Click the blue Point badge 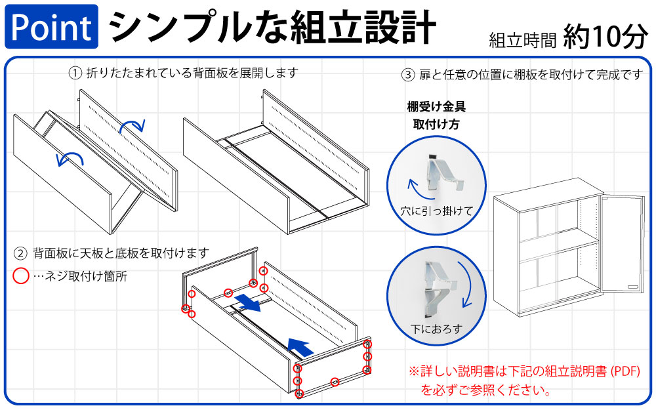coord(51,26)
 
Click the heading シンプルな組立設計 coord(272,26)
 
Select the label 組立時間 coord(523,41)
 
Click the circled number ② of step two coord(21,253)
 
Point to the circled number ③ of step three coord(408,75)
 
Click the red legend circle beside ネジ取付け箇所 coord(22,276)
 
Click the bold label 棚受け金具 coord(436,106)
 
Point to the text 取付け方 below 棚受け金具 coord(436,124)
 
